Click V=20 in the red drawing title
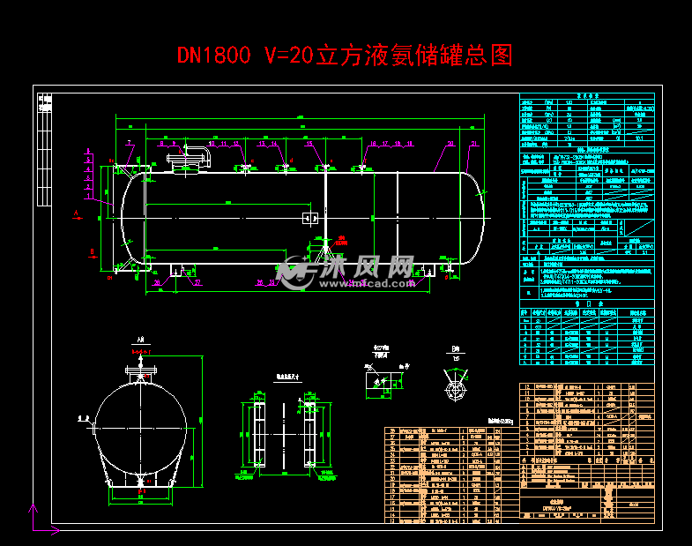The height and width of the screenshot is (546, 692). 288,56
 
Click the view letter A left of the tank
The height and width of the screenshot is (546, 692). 77,213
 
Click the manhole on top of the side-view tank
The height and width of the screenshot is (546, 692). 188,164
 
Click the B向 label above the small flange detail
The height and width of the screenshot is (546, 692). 455,349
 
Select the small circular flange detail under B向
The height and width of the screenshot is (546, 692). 455,389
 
